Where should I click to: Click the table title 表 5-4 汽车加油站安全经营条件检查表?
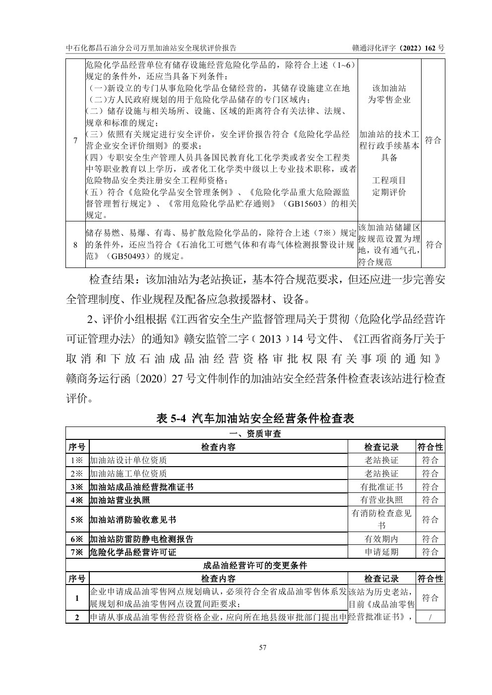255,419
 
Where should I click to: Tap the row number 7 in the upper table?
75,140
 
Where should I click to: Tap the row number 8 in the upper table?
75,245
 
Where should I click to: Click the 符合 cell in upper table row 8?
433,245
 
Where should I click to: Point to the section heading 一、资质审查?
255,434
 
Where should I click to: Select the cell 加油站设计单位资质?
128,460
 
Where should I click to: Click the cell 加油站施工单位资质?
128,474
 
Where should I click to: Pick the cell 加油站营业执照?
119,500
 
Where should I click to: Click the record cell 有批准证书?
381,487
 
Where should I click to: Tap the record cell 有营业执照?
381,500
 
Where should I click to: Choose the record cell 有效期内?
381,539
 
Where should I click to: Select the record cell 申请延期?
381,552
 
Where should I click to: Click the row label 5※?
77,520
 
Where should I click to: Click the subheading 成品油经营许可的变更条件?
255,565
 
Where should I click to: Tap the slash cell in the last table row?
430,617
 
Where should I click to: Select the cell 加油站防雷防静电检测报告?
141,539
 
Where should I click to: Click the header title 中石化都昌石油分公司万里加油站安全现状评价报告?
151,48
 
